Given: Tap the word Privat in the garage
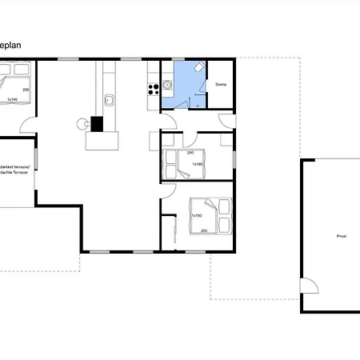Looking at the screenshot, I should tap(330, 236).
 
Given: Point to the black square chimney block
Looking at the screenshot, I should tap(97, 124).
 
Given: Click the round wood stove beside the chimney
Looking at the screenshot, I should tap(81, 124).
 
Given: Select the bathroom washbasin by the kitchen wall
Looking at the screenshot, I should tap(167, 82).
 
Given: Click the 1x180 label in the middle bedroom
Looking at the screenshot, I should tap(197, 164).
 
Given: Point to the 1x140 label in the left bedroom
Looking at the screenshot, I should tap(13, 99).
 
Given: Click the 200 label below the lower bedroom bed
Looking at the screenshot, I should tap(205, 230).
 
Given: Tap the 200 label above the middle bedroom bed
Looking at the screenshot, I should tap(190, 152).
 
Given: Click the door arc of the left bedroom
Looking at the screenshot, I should tap(30, 125).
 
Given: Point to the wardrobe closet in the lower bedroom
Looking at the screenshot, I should tap(174, 231).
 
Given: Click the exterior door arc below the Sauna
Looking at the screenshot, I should tap(228, 122).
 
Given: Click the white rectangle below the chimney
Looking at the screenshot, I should tap(102, 142).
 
